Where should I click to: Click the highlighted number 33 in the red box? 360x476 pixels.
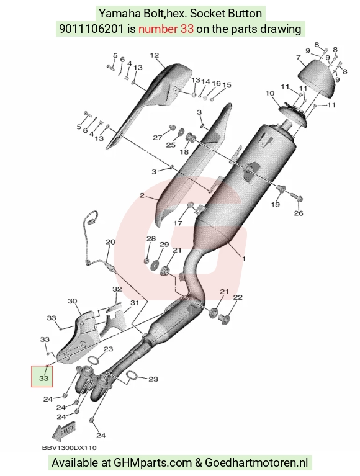click(43, 379)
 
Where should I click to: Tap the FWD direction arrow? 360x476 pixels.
click(63, 431)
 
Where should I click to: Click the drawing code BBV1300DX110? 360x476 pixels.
click(70, 448)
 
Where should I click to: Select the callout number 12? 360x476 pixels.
click(155, 55)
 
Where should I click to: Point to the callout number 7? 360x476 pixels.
click(299, 57)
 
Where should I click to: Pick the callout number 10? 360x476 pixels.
click(270, 94)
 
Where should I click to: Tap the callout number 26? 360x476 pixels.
click(299, 213)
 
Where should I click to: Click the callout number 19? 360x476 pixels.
click(276, 204)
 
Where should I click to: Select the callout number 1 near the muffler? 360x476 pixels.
click(243, 259)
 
